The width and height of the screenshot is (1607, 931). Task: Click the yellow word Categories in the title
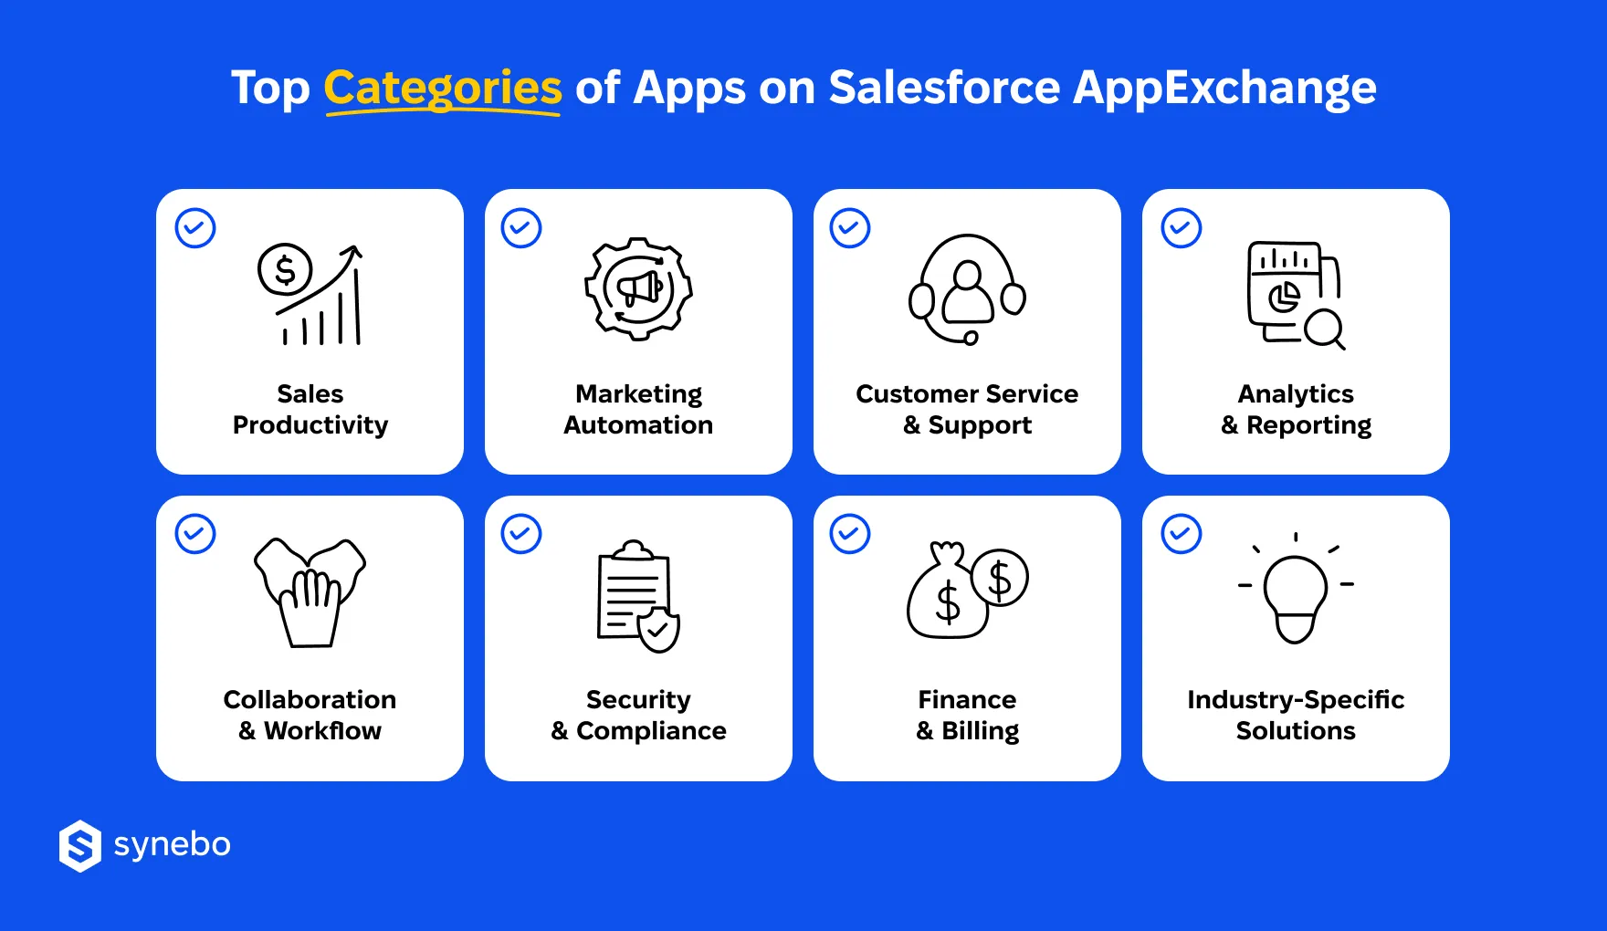pos(443,89)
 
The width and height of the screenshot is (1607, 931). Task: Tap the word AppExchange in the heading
pos(1224,89)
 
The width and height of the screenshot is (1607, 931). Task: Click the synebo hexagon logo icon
pos(80,846)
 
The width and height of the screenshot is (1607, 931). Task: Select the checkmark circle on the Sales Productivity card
pos(195,228)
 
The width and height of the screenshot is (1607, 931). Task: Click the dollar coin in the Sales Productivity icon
pos(285,270)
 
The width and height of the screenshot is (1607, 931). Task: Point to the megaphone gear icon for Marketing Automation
pos(638,288)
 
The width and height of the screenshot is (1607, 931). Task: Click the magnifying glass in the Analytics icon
pos(1323,328)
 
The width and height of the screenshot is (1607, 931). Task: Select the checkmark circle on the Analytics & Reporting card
pos(1181,228)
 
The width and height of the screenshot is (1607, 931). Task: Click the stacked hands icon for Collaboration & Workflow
pos(310,592)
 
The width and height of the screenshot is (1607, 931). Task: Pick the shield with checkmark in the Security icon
pos(658,630)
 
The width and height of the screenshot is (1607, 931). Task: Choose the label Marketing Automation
pos(638,410)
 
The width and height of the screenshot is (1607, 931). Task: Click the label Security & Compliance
pos(638,716)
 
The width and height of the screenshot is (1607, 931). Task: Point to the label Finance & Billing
pos(967,716)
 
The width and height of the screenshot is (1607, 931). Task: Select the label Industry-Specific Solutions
pos(1296,716)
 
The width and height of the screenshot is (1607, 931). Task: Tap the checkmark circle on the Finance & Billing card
pos(850,534)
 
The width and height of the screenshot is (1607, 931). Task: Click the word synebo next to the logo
pos(172,845)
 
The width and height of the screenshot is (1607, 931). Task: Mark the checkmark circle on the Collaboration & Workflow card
pos(195,534)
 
